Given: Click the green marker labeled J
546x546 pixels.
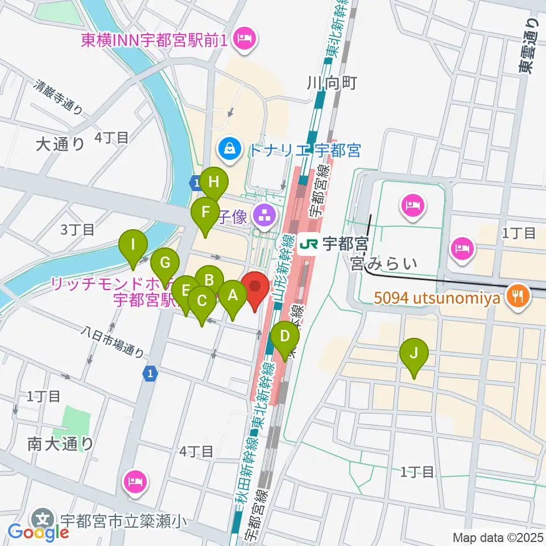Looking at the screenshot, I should [415, 354].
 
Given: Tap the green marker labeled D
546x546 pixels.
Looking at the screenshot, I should [284, 337].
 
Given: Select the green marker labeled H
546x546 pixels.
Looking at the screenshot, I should [214, 182].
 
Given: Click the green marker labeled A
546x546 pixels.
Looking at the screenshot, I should [232, 295].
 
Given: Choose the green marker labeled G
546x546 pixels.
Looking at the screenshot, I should [165, 263].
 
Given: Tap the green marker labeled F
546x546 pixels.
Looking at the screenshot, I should [205, 213].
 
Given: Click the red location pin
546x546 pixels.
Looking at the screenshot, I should [255, 287].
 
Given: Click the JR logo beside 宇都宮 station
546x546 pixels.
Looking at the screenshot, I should [308, 245].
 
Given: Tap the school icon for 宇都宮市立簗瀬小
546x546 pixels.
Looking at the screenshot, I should [43, 519].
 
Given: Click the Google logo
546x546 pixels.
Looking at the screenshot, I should [39, 533].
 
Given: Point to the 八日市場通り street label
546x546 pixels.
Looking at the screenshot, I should [112, 341].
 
